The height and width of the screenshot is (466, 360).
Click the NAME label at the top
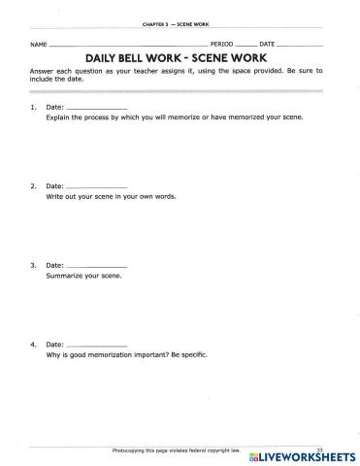38,46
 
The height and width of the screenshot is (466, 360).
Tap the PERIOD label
222,46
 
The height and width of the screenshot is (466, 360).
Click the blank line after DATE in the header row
301,46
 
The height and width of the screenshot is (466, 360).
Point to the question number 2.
33,185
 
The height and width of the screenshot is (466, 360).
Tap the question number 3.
33,265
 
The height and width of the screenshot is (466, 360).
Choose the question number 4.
33,344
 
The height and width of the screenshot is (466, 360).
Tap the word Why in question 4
52,353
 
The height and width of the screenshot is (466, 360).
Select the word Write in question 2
54,195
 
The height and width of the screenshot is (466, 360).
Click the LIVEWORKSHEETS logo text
301,455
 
